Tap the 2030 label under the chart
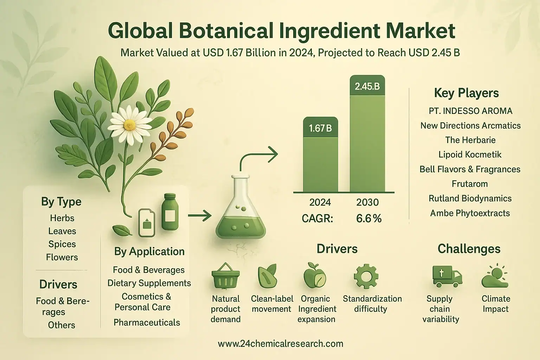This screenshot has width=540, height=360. [367, 202]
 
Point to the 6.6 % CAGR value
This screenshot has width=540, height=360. [369, 218]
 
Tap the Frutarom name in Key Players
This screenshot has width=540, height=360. [470, 184]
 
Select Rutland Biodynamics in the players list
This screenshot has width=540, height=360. [470, 198]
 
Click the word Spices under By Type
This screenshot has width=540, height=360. [62, 244]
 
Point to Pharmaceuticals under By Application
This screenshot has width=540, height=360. [147, 322]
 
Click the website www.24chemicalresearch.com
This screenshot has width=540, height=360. [280, 343]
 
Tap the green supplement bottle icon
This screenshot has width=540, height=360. [170, 212]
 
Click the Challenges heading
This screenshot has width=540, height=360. [469, 249]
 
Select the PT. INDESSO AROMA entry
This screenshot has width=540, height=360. [470, 111]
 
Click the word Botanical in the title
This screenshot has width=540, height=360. [226, 31]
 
